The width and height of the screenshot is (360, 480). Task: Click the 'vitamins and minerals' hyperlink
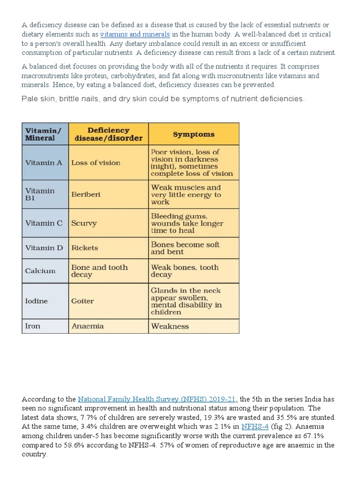click(x=135, y=34)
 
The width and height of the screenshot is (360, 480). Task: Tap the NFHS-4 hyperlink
click(x=255, y=426)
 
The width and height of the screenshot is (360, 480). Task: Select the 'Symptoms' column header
click(x=194, y=134)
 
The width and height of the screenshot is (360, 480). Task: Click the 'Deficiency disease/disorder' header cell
click(x=108, y=134)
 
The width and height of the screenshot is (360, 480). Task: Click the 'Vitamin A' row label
click(x=44, y=163)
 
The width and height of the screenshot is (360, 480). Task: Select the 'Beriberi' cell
click(x=86, y=194)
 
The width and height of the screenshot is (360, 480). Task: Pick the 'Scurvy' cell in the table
click(x=84, y=223)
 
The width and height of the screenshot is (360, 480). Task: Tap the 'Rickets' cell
click(x=85, y=247)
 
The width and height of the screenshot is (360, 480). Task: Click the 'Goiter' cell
click(x=82, y=301)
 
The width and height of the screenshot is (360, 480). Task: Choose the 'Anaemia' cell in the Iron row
click(x=88, y=326)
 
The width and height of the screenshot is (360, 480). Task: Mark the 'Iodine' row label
click(x=36, y=301)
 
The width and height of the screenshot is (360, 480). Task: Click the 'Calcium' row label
click(x=40, y=270)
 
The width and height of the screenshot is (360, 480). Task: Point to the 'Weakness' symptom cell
click(x=170, y=326)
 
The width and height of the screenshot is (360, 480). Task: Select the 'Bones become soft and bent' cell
click(x=185, y=248)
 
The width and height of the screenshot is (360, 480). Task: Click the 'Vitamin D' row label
click(x=44, y=247)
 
